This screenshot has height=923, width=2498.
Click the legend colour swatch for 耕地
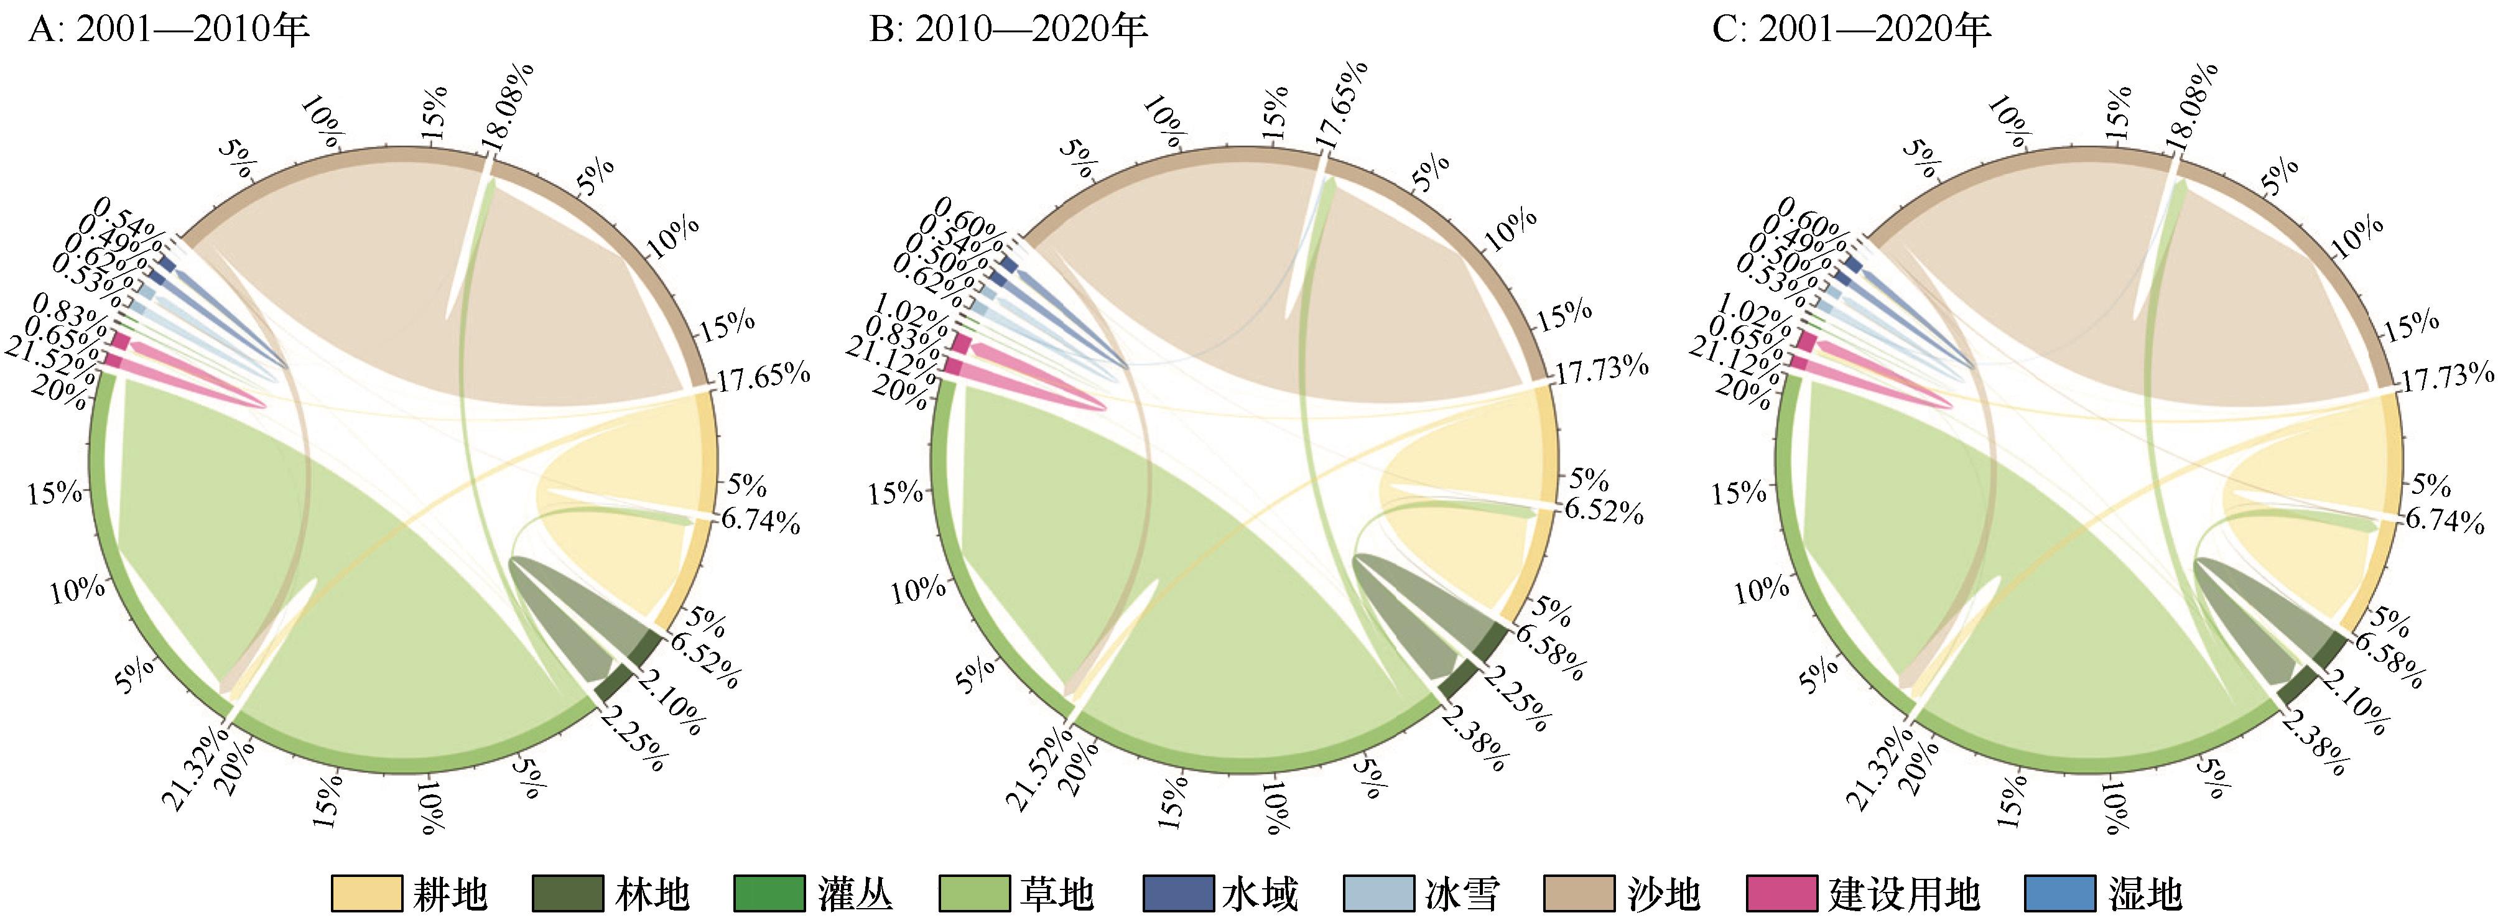tap(366, 894)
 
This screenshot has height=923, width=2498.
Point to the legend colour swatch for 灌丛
tap(769, 894)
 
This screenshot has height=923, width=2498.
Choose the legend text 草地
tap(1056, 894)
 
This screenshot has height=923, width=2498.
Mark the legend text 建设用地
tap(1903, 894)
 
